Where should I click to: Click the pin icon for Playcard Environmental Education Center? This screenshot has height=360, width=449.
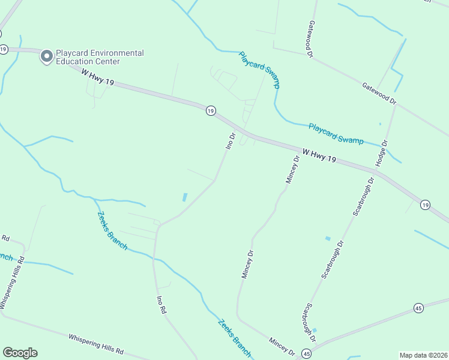pos(46,57)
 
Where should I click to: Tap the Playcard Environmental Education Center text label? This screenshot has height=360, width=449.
pos(100,57)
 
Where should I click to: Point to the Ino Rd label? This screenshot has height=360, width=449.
pos(160,305)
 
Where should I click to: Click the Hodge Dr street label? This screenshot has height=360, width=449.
pos(382,153)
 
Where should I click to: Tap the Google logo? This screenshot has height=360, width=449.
pos(20,353)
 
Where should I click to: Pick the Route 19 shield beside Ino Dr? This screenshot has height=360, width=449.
pos(210,110)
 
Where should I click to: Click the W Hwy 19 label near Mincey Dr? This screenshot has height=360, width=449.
pos(319,157)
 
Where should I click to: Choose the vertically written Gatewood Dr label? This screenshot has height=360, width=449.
pos(311,39)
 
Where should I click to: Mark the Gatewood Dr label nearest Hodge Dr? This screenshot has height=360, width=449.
pos(379,94)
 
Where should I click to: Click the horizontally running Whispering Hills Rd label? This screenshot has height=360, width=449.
pos(96,344)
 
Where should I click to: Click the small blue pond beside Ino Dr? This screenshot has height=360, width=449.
pos(185,197)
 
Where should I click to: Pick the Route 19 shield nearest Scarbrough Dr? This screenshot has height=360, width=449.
pos(425,205)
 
